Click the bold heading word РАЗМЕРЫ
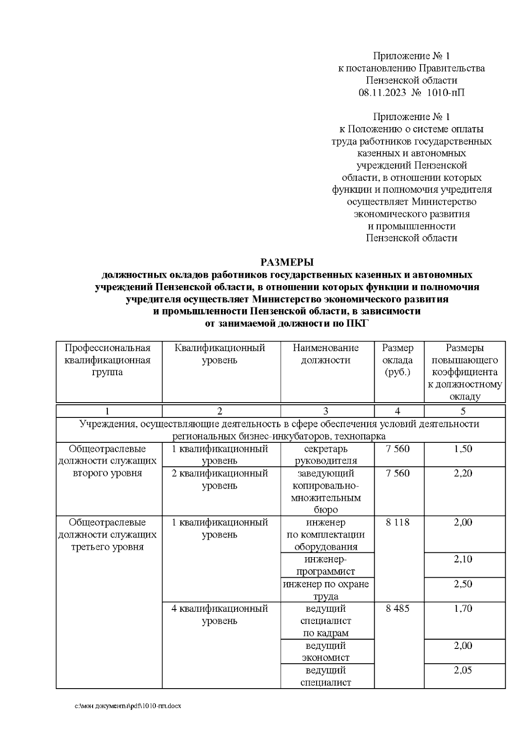click(287, 262)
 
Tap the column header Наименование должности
click(326, 354)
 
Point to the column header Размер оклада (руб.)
click(398, 360)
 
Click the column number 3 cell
click(326, 411)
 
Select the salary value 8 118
click(398, 522)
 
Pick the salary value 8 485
click(398, 608)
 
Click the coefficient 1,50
click(463, 449)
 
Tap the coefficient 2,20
click(463, 473)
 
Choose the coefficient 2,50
click(463, 584)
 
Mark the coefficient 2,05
click(463, 670)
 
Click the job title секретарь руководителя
click(326, 455)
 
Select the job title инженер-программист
click(326, 565)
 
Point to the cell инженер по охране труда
click(326, 590)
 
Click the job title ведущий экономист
click(326, 651)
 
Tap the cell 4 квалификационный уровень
click(220, 614)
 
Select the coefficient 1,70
click(463, 608)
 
